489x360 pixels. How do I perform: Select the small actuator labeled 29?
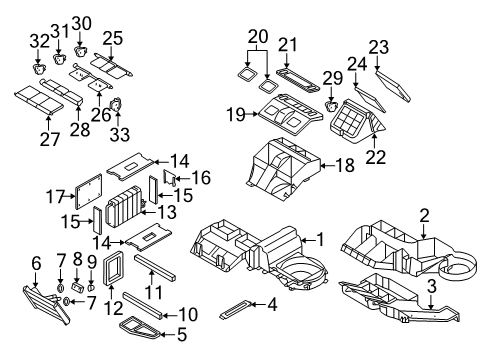click(331, 102)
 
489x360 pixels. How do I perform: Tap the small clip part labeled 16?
click(169, 179)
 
